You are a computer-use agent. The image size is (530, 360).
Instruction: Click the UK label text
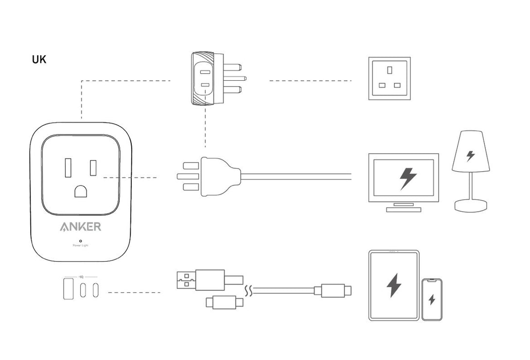[39, 60]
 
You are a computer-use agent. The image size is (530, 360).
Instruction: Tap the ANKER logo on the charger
[81, 227]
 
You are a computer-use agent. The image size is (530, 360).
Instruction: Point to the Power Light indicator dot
[80, 240]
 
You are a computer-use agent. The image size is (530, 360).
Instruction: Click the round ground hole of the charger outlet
[81, 191]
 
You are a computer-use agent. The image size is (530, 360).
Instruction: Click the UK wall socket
[389, 78]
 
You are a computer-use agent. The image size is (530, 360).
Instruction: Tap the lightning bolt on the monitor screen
[407, 179]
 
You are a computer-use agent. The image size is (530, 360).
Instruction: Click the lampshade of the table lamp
[470, 152]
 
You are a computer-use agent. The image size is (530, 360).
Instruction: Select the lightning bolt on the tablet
[394, 286]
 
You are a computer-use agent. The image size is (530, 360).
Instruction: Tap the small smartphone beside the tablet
[432, 299]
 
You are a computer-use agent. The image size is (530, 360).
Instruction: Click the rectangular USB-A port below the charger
[68, 288]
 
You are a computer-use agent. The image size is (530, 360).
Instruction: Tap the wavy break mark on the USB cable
[249, 291]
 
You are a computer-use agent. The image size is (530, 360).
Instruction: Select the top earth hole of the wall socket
[389, 70]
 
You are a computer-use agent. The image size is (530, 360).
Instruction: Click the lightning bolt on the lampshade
[470, 156]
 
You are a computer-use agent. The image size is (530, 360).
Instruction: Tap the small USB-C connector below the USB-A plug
[223, 302]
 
